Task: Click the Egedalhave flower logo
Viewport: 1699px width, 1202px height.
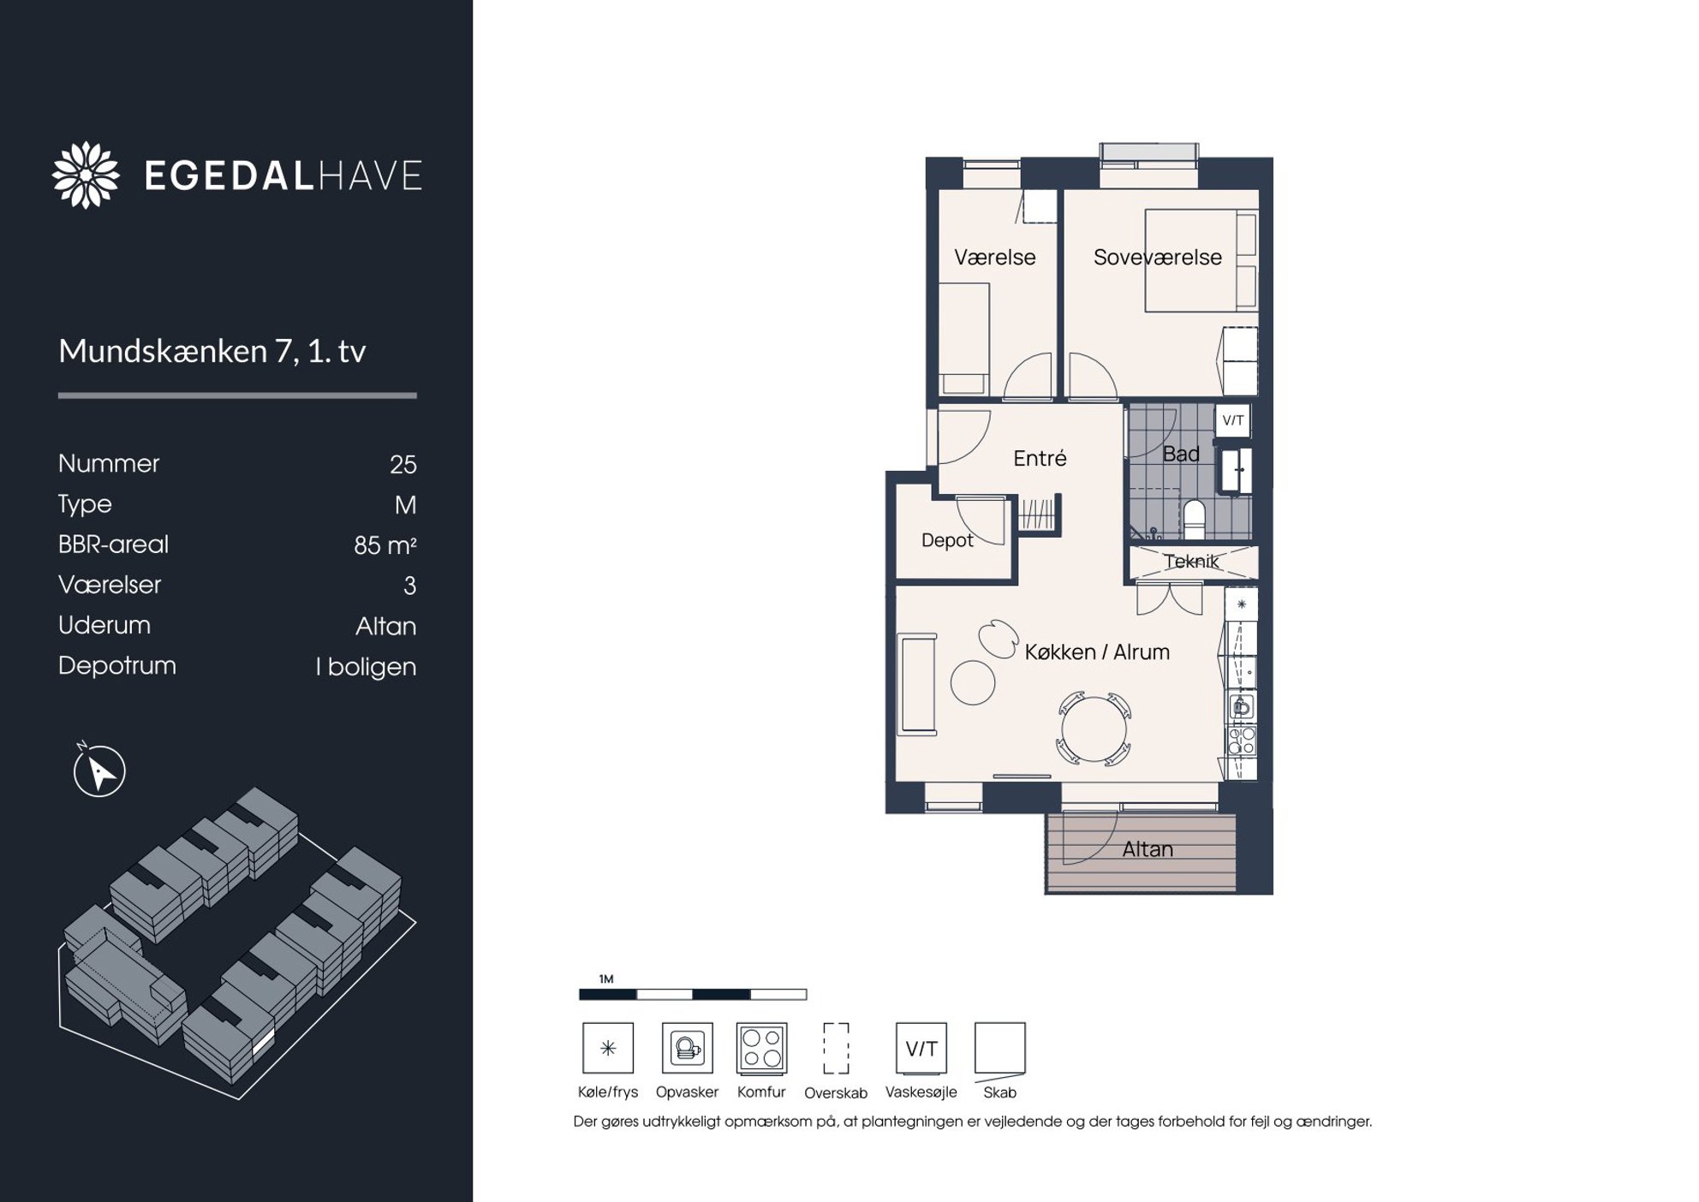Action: tap(86, 175)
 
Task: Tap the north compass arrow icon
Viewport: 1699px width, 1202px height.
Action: tap(99, 770)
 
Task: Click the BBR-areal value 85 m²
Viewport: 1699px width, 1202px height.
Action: tap(385, 544)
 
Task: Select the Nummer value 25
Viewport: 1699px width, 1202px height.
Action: tap(403, 464)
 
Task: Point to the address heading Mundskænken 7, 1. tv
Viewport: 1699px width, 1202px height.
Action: tap(212, 351)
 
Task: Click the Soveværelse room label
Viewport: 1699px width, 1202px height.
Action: tap(1158, 257)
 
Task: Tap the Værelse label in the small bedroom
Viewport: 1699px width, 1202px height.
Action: tap(995, 257)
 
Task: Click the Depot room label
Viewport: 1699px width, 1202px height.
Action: tap(947, 540)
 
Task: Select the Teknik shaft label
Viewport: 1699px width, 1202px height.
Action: tap(1191, 562)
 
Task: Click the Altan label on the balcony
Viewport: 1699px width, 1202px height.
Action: tap(1148, 849)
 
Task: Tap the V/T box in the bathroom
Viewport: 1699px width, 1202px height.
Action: tap(1233, 420)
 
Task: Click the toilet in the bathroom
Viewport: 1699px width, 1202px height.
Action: tap(1194, 519)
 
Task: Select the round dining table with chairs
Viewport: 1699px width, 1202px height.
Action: tap(1094, 728)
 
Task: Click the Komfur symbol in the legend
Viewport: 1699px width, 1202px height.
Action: tap(761, 1048)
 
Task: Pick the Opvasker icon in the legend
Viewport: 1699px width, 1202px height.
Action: tap(688, 1048)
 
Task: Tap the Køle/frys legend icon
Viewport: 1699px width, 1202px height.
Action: tap(608, 1048)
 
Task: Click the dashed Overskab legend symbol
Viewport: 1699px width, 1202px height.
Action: tap(836, 1048)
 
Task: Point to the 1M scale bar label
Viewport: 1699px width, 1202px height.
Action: tap(606, 979)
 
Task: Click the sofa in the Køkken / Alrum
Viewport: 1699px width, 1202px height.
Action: tap(917, 684)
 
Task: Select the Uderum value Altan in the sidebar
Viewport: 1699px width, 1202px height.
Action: tap(386, 626)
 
